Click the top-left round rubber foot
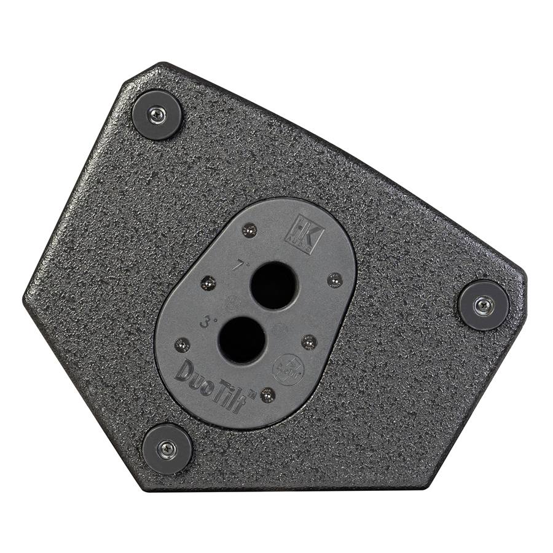point(157,114)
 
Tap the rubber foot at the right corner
point(484,305)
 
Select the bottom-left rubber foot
point(167,449)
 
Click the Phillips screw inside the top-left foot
point(157,114)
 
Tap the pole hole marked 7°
point(273,284)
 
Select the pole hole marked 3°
point(241,340)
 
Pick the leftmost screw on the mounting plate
point(182,345)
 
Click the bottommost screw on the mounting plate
point(267,394)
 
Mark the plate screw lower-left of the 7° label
point(209,283)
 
